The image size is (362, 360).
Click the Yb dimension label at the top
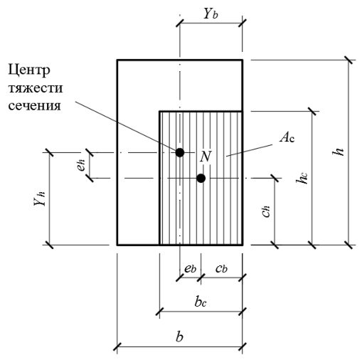coord(211,14)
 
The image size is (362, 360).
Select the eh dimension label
coord(81,165)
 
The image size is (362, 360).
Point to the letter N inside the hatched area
coord(206,157)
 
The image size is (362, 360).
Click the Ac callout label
coord(287,137)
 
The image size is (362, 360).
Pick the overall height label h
coord(339,152)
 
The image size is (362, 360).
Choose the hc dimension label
coord(302,178)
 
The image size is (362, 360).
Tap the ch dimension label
coord(266,211)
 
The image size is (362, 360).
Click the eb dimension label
coord(190,268)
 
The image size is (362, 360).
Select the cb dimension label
coord(221,268)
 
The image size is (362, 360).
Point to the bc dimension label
coord(201,302)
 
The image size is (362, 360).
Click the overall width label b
coord(179,337)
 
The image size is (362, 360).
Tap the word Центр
coord(29,70)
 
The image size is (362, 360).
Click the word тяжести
coord(36,88)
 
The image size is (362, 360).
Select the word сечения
coord(35,106)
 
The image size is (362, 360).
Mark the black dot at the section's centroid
coord(180,152)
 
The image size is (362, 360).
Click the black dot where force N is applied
coord(201,178)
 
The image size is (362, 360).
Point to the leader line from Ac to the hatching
coord(249,150)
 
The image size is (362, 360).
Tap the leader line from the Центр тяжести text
coord(125,126)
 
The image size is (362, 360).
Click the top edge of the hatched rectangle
coord(201,111)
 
